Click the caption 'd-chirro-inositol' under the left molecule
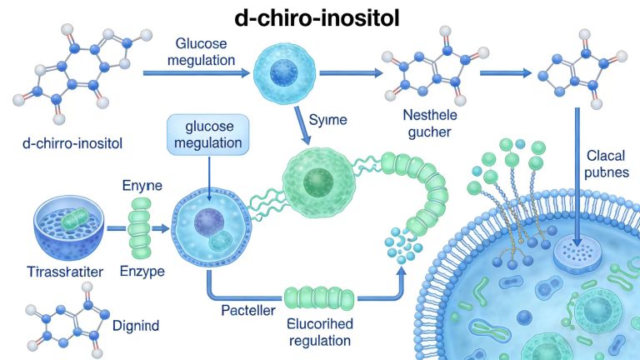pos(72,143)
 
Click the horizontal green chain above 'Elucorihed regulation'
pos(320,297)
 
